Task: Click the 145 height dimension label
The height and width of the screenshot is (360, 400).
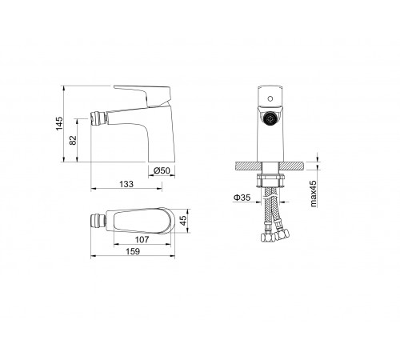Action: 59,123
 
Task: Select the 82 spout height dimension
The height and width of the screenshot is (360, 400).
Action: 73,140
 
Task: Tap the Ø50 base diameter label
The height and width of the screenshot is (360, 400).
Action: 162,170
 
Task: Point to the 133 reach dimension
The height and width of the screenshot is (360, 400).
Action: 126,184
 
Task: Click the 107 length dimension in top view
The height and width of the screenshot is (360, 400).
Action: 142,239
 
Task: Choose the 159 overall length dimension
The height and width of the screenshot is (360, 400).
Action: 133,251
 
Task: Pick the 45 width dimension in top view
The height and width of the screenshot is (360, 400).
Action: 183,220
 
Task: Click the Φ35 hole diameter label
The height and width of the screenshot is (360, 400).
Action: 242,198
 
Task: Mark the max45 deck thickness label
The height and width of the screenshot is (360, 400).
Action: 314,194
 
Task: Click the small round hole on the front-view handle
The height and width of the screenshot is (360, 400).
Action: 270,99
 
